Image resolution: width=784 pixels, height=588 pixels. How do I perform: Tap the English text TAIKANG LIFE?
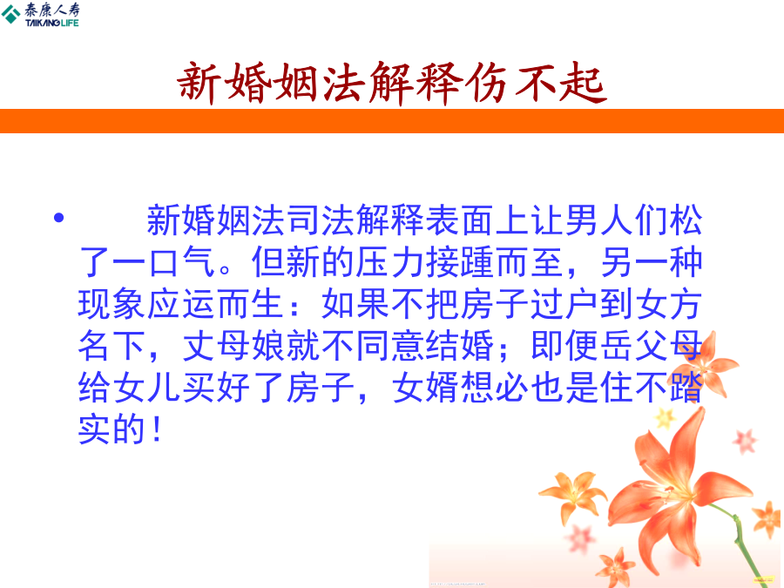click(52, 23)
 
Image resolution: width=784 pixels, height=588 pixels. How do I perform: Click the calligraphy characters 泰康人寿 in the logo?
click(52, 10)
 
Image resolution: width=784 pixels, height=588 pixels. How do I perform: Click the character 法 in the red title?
click(343, 84)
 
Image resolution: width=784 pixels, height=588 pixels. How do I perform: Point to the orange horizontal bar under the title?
click(392, 121)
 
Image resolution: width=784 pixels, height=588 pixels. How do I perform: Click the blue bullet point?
click(59, 218)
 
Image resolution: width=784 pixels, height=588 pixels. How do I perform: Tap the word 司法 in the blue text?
click(303, 220)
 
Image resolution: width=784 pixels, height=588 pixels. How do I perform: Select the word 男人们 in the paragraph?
click(617, 220)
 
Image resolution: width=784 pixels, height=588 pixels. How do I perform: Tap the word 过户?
click(564, 304)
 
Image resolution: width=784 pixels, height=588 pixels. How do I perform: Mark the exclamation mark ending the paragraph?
click(157, 429)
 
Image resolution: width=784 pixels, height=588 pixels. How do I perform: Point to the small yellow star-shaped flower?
click(665, 418)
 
